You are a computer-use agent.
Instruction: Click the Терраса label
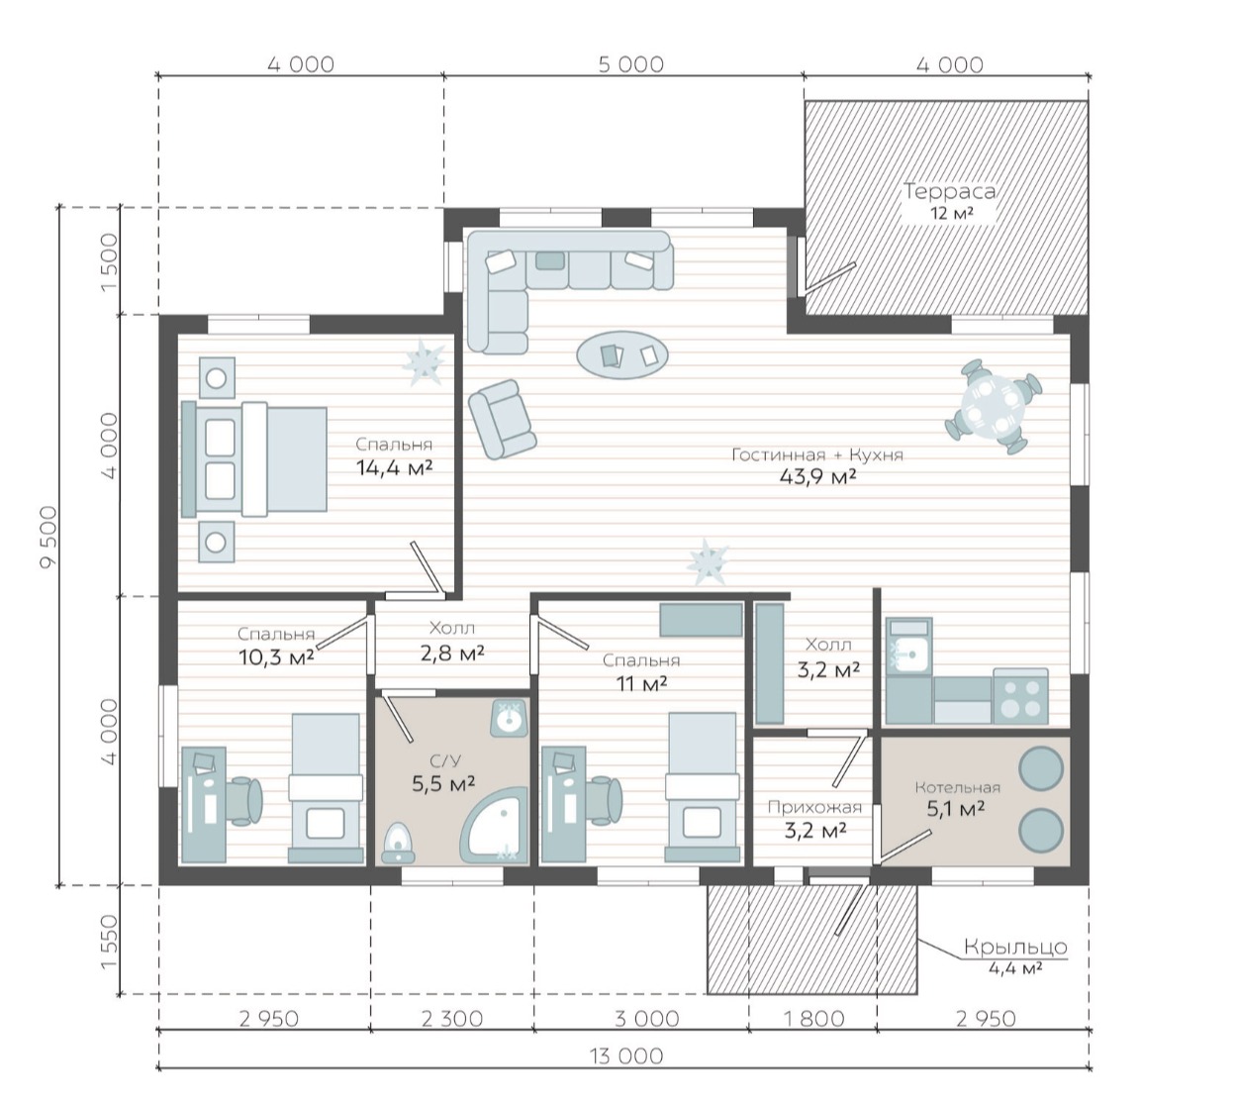(949, 191)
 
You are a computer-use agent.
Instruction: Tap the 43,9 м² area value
(817, 476)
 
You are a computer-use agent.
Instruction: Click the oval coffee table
(622, 354)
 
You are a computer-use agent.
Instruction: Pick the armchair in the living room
(502, 419)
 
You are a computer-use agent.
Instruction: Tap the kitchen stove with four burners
(1020, 696)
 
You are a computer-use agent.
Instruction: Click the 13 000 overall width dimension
(626, 1056)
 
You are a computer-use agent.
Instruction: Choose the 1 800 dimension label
(813, 1018)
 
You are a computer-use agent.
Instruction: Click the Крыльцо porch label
(1015, 946)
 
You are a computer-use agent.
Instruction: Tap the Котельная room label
(957, 787)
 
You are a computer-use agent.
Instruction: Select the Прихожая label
(814, 807)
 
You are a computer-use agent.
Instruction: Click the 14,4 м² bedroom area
(394, 467)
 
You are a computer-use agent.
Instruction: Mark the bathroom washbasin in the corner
(508, 719)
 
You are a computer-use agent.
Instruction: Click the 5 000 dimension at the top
(630, 64)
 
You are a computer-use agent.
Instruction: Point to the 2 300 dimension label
(451, 1018)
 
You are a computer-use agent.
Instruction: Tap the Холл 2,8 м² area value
(452, 654)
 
